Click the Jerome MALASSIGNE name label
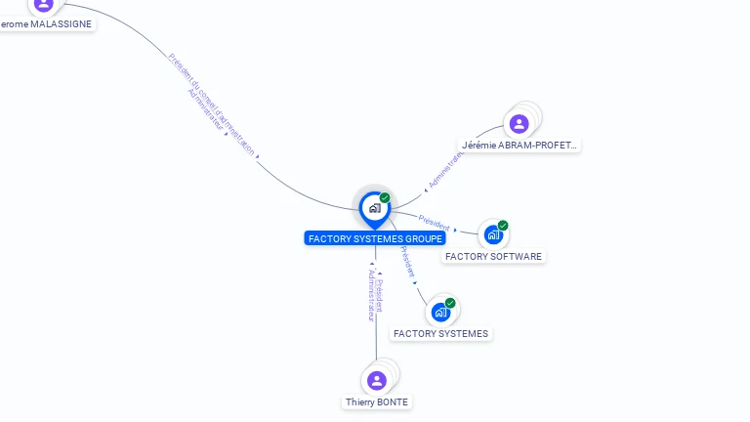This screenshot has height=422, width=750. pos(48,23)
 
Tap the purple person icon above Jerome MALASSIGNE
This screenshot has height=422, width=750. pos(43,4)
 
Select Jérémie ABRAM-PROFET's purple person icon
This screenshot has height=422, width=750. pos(519,124)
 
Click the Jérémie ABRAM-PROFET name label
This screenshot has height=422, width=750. pos(520,146)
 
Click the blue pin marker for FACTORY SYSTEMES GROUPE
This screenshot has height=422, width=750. pos(374,208)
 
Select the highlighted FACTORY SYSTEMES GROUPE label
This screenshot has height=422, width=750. pos(376,238)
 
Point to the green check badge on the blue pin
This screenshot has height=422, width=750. pos(385,198)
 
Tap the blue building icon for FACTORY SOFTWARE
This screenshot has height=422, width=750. pos(493,234)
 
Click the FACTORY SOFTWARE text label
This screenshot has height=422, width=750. pos(493,257)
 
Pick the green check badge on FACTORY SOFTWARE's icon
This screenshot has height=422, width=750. pos(503,226)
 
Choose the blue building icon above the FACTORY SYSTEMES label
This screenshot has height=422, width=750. pos(440,312)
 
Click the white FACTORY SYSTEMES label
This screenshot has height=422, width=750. pos(440,334)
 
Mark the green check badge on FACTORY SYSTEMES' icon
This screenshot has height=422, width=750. pos(450,303)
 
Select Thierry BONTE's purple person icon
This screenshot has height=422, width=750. pos(376,380)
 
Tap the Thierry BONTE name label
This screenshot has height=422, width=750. pos(377,402)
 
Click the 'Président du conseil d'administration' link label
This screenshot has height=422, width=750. pos(212,104)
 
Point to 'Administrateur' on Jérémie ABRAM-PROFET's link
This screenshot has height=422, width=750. pos(445,169)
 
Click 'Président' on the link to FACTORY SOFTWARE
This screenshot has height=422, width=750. pos(434,221)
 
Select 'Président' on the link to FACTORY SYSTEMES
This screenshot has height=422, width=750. pos(407,261)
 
